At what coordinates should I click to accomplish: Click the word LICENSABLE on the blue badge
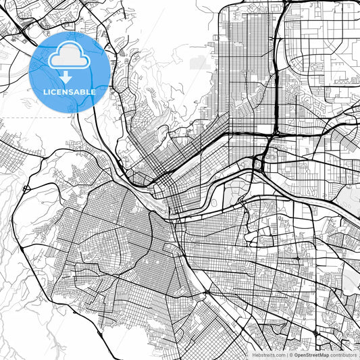click(x=70, y=91)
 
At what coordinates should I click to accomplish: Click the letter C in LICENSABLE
click(x=54, y=91)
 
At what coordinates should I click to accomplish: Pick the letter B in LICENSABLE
click(x=83, y=91)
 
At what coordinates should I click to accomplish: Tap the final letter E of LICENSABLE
click(x=94, y=91)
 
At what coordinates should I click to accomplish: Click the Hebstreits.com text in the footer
click(x=267, y=355)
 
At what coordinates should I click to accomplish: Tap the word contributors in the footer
click(x=343, y=355)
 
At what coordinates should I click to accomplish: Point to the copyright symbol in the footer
click(x=291, y=355)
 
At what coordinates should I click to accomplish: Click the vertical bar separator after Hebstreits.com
click(x=286, y=355)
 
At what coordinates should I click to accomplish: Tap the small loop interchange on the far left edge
click(x=26, y=188)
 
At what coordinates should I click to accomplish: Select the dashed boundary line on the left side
click(x=27, y=118)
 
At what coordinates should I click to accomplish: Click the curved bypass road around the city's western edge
click(x=20, y=230)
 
